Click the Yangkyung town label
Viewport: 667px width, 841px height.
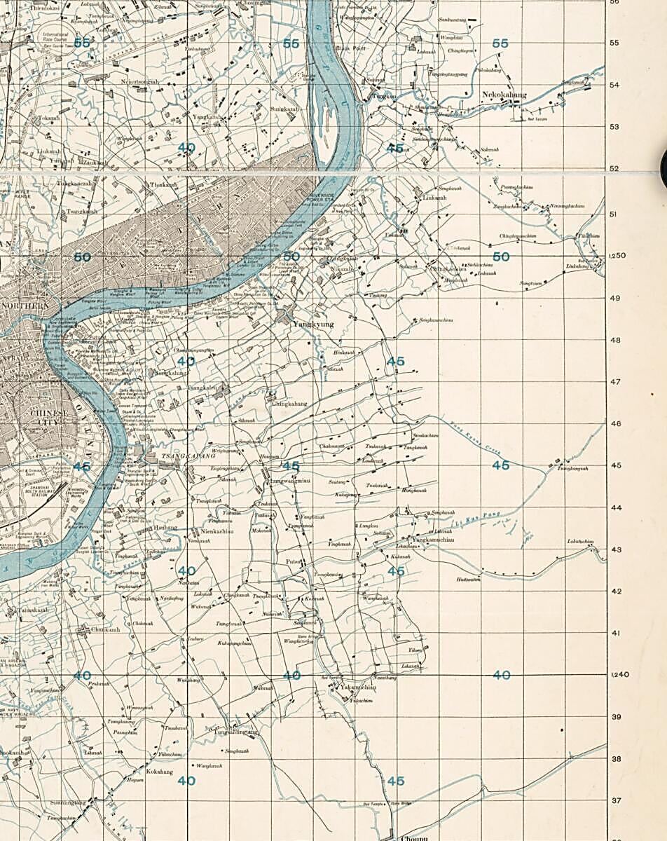click(312, 324)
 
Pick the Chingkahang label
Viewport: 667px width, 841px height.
click(289, 404)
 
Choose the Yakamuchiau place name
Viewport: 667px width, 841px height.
click(358, 688)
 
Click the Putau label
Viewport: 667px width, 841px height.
click(293, 561)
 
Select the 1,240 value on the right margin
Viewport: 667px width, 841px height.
click(618, 674)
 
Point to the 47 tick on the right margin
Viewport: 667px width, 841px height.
click(615, 382)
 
